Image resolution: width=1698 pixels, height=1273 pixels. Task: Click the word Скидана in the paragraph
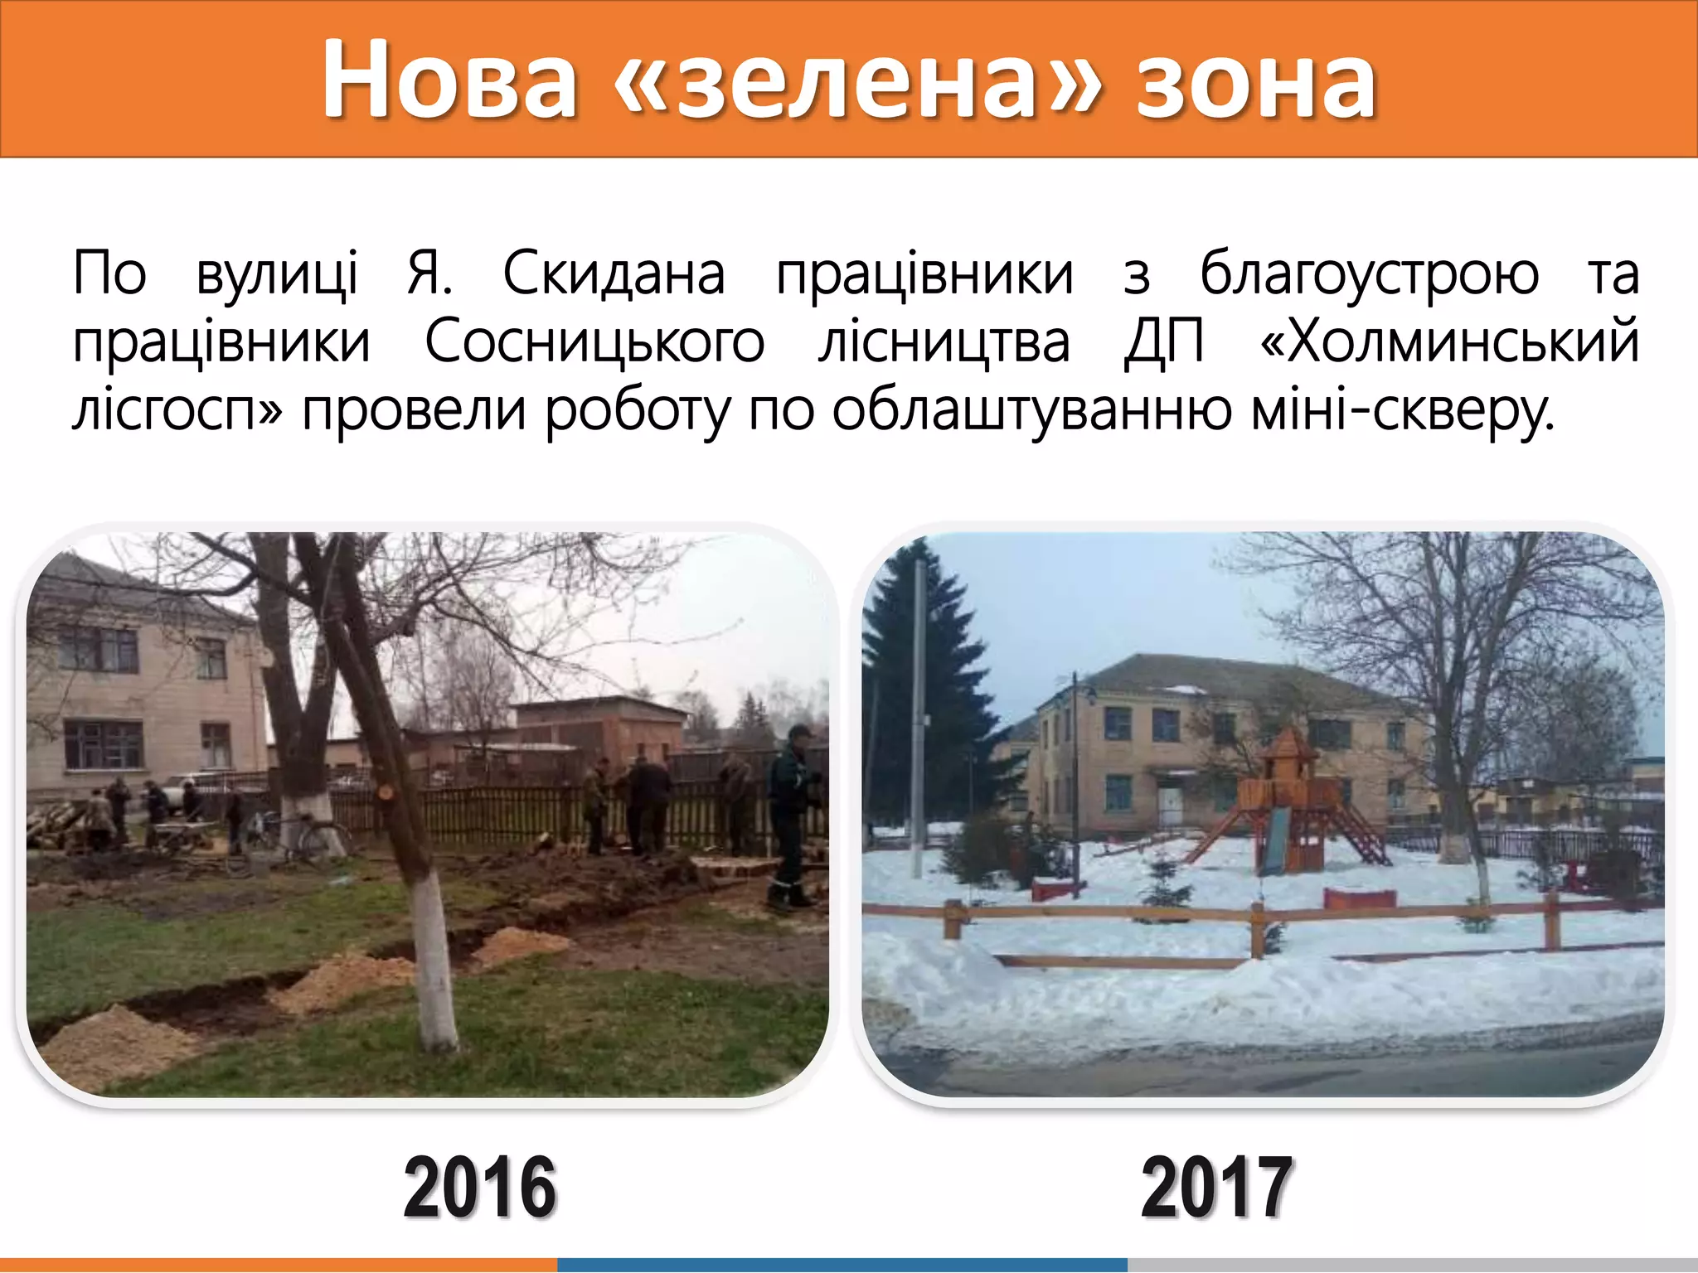[614, 273]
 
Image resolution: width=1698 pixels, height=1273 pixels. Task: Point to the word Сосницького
[594, 341]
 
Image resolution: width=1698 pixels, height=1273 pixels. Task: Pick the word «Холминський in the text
[1448, 341]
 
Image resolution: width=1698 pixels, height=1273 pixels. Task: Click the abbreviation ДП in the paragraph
[1164, 341]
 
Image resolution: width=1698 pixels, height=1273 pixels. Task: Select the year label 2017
[1216, 1187]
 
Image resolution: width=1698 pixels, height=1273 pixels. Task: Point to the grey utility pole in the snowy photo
[919, 713]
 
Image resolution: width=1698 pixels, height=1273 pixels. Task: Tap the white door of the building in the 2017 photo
[1170, 804]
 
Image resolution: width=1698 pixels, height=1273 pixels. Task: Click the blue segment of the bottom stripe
[842, 1265]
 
